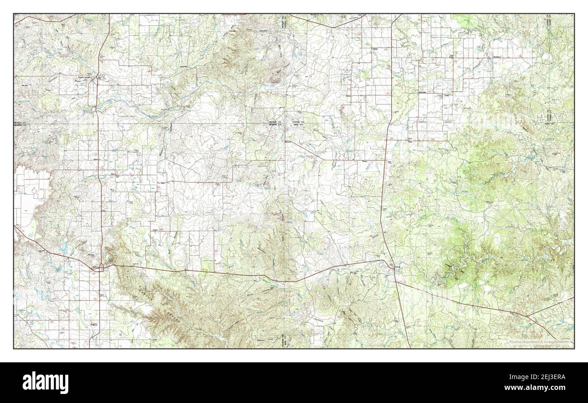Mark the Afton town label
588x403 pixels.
coord(113,173)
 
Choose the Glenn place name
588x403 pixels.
coord(95,159)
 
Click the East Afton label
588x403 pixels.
coord(161,183)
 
